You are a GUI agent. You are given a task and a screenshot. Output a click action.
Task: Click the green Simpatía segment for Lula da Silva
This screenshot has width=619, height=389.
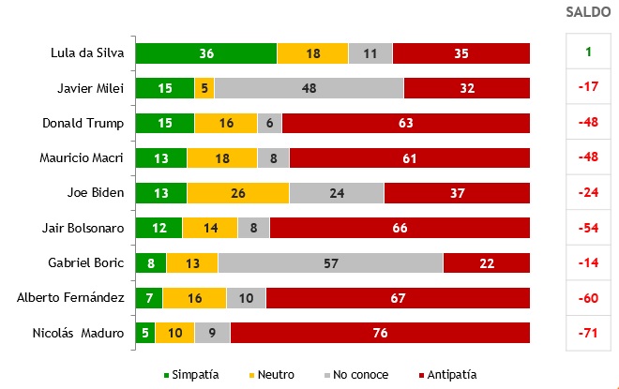(206, 53)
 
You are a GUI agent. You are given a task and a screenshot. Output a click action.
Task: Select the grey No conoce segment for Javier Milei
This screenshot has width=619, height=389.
(309, 88)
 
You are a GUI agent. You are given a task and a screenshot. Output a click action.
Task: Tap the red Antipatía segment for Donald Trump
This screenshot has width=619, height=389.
(405, 123)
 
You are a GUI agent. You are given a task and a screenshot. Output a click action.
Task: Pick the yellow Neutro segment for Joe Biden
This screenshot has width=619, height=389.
(237, 193)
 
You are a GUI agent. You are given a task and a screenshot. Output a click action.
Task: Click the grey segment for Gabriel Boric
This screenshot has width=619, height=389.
(330, 263)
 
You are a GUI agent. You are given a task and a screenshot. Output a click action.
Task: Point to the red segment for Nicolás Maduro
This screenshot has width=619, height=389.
(380, 333)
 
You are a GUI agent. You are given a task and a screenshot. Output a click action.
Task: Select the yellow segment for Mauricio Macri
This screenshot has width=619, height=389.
(221, 158)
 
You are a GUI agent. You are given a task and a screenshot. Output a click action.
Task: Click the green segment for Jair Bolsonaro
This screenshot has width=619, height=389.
(159, 228)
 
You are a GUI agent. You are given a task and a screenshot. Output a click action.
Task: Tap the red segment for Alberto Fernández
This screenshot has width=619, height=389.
(398, 298)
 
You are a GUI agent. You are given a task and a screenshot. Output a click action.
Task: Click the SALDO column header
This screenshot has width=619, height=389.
(588, 12)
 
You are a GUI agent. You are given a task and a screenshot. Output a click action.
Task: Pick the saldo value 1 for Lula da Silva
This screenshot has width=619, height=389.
(588, 53)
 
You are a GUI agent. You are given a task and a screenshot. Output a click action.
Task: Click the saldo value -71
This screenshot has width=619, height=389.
(588, 333)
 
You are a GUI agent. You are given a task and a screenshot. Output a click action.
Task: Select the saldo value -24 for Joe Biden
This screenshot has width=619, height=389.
(588, 193)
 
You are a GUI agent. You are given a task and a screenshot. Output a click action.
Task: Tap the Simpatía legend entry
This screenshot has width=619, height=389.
(192, 374)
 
